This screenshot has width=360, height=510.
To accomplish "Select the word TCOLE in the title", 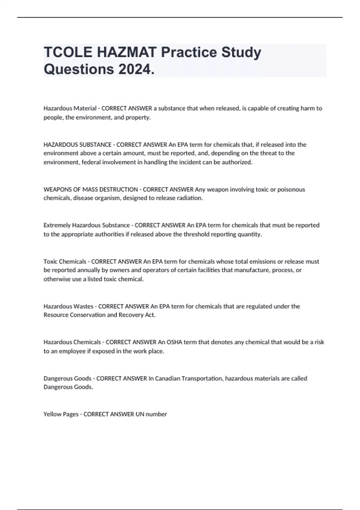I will [68, 52].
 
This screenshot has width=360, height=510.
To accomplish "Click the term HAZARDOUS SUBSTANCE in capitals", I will [77, 145].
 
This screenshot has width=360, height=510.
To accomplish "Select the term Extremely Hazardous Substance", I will [86, 225].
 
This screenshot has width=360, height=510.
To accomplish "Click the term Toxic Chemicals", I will [65, 262].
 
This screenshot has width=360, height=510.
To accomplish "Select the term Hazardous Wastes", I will [68, 307].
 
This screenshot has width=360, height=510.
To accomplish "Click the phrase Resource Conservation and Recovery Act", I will [99, 315].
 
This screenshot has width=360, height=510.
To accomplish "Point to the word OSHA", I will [174, 342].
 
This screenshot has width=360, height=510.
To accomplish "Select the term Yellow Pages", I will [61, 414].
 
